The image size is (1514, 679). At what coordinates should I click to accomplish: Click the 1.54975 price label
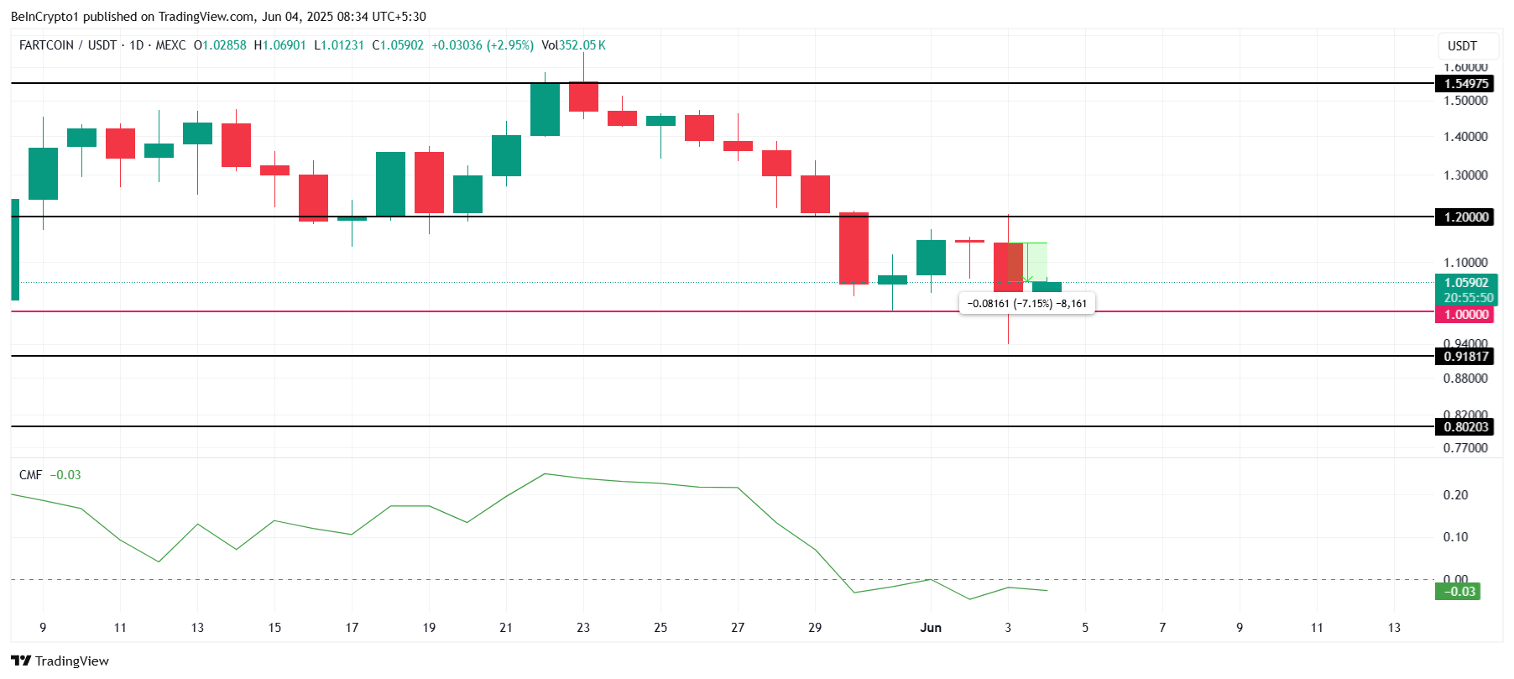tap(1465, 83)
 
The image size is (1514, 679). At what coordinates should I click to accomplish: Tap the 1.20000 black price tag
tap(1465, 217)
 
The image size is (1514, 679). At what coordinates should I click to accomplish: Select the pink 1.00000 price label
tap(1465, 314)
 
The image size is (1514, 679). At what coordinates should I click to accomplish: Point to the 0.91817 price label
tap(1465, 356)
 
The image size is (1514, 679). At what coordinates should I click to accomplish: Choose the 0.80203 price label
tap(1465, 426)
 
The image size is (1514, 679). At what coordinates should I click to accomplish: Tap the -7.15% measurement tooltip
tap(1026, 303)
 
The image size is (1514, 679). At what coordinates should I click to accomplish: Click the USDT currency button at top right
tap(1462, 45)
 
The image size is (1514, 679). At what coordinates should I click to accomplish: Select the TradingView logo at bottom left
tap(60, 661)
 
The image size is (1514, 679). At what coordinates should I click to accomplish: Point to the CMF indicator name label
tap(30, 475)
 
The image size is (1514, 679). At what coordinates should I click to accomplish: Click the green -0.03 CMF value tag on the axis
tap(1459, 591)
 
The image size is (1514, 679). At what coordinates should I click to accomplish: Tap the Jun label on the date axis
tap(931, 627)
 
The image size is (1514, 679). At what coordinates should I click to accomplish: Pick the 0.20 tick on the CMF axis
tap(1455, 495)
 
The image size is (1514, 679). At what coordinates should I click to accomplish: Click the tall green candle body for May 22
tap(545, 109)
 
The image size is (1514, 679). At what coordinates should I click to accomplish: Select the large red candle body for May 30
tap(854, 248)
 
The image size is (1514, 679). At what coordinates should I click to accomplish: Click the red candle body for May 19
tap(429, 182)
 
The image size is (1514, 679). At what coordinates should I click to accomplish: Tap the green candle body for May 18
tap(390, 184)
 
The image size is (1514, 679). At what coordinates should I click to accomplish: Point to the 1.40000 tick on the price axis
tap(1465, 136)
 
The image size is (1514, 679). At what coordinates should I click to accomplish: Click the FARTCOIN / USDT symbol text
tap(68, 45)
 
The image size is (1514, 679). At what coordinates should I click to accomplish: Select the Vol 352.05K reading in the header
tap(573, 45)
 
